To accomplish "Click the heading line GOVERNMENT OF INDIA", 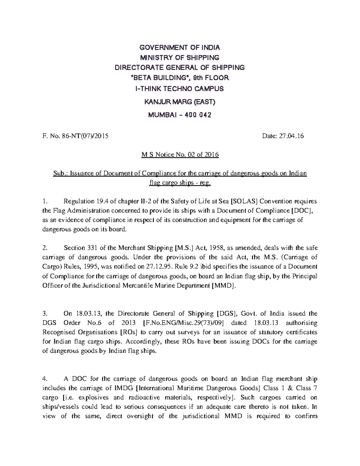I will (180, 47).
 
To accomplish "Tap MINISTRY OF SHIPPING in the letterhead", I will (180, 57).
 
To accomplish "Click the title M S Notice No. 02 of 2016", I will (180, 155).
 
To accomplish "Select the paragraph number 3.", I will (45, 314).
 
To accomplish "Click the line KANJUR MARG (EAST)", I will (180, 102).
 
